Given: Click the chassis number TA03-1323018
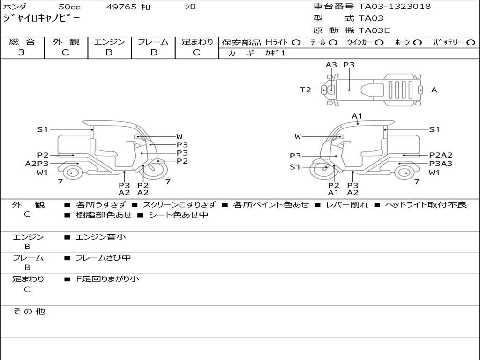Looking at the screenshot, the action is click(x=394, y=7).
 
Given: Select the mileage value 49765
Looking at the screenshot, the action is click(x=121, y=7).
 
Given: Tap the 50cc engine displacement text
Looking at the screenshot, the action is click(x=69, y=7).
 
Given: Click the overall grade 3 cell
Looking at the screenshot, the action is click(x=22, y=52).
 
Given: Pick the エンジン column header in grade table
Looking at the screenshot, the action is click(x=109, y=42).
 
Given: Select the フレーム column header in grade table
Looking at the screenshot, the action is click(x=153, y=42).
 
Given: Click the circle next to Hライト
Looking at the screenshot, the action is click(x=296, y=42).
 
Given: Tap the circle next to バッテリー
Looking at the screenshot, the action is click(x=471, y=42).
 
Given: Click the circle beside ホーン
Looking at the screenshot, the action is click(x=417, y=42).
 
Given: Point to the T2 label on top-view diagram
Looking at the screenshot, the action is click(x=306, y=90).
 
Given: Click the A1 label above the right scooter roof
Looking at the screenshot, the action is click(x=357, y=116).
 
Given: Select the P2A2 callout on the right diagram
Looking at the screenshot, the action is click(x=441, y=155).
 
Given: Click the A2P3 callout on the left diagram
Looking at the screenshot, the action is click(x=37, y=164).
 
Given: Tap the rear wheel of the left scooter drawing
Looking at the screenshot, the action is click(x=71, y=173).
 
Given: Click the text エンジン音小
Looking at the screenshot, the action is click(x=101, y=237).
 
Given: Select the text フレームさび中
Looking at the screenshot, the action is click(x=103, y=258).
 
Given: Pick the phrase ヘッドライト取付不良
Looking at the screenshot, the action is click(x=426, y=205).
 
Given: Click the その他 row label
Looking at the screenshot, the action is click(x=29, y=311).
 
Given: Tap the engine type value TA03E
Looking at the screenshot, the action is click(x=374, y=30).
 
